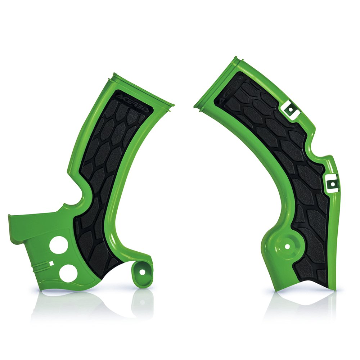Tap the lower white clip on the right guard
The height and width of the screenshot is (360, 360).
pos(332,183)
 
